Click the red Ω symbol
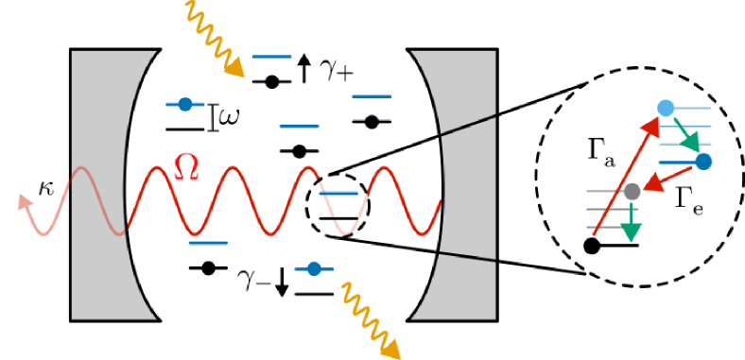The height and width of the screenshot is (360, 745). pos(186,168)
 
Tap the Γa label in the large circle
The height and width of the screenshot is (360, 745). pos(598,152)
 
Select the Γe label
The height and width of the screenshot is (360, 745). pos(688,199)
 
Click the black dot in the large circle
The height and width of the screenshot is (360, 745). pos(592,247)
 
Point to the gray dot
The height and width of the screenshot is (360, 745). pos(632,192)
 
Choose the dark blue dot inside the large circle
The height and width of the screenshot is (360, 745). pos(703,162)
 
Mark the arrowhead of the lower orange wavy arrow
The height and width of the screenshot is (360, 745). pos(390,349)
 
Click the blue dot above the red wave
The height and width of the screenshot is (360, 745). pos(185,104)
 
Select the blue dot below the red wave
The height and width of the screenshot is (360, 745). pos(314,269)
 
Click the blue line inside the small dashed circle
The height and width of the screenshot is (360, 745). pos(338,193)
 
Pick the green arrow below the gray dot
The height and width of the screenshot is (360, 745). pos(632,221)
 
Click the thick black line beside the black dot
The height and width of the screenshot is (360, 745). pos(620,246)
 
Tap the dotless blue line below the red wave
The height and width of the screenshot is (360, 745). pos(208,243)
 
